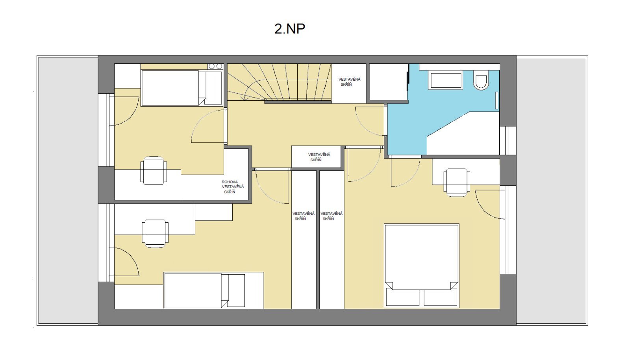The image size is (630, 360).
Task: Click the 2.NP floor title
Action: point(290,29)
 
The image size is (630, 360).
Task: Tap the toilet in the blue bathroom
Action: point(481,80)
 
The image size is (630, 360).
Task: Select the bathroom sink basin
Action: point(446,80)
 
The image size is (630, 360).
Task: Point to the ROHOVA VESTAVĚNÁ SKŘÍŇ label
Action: point(233,187)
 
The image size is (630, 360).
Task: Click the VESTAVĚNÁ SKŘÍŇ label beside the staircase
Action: point(349,82)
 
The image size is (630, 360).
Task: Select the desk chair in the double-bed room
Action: point(457,183)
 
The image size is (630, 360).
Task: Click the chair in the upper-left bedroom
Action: point(154,170)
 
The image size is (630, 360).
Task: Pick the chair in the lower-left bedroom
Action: point(155,234)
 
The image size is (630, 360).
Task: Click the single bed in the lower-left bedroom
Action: point(204,290)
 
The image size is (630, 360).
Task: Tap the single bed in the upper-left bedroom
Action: point(182,88)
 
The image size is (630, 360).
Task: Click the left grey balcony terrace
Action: point(68,190)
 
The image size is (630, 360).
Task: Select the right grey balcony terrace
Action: point(552,190)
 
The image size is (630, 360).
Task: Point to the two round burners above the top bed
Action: point(215,66)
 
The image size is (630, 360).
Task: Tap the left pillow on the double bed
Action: point(403,297)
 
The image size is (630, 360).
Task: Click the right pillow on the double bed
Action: point(441,297)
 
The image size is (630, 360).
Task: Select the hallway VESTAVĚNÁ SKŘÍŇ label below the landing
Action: point(319,157)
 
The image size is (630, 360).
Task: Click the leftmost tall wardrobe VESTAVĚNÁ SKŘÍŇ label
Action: point(303,216)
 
